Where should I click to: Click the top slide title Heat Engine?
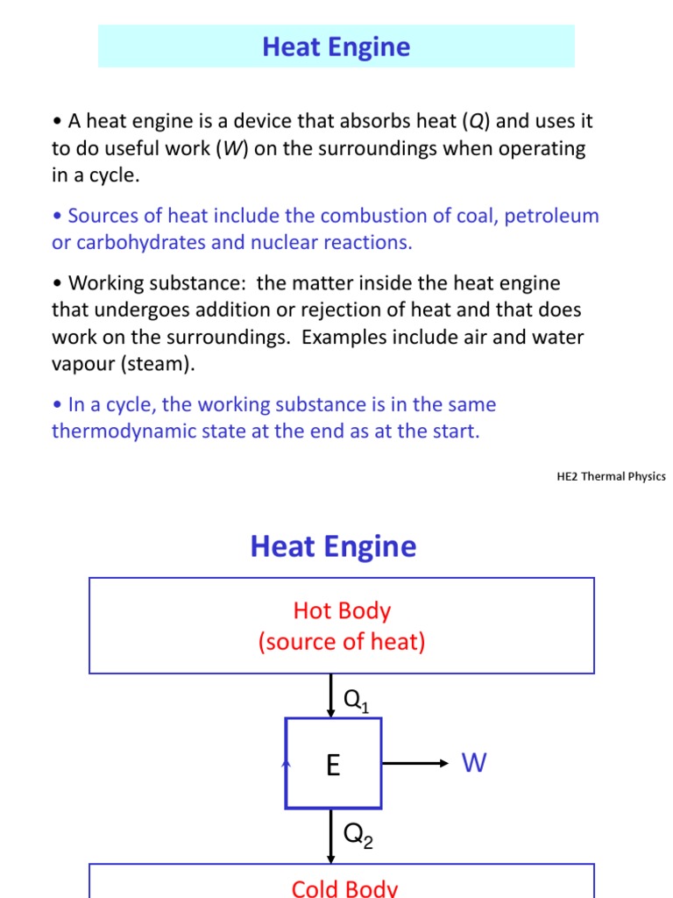(x=336, y=46)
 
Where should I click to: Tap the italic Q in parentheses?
(x=472, y=122)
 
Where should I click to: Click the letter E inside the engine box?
(x=333, y=766)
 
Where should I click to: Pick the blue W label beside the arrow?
(x=474, y=764)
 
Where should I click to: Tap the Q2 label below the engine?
(x=358, y=836)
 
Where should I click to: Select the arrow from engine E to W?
(x=415, y=764)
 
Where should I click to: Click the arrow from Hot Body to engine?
(x=330, y=695)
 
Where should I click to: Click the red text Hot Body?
(x=342, y=611)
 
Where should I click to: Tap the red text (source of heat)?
(x=342, y=642)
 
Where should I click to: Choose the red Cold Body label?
(x=344, y=887)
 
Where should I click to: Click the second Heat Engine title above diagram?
(x=333, y=546)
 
